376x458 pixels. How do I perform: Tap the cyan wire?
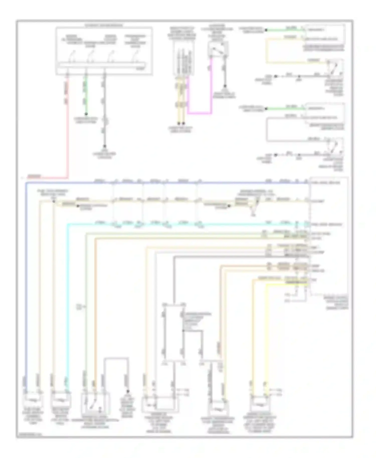(x=67, y=301)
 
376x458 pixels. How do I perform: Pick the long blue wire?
(x=26, y=276)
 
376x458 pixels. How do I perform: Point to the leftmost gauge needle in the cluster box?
(x=73, y=54)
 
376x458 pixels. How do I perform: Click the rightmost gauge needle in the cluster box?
(x=136, y=54)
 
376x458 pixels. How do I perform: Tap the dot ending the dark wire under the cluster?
(x=105, y=146)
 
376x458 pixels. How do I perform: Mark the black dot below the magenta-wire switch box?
(x=225, y=86)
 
